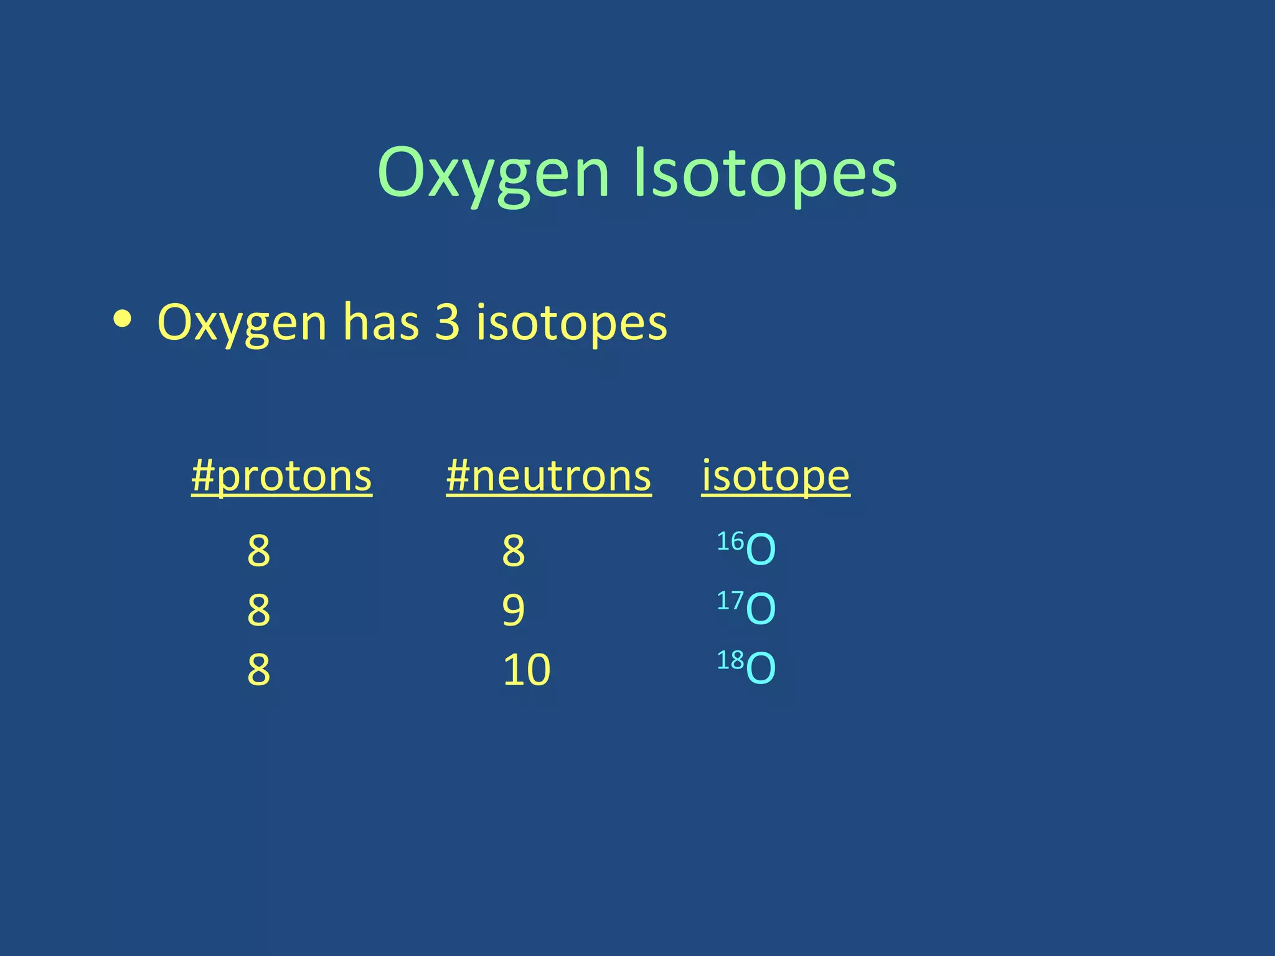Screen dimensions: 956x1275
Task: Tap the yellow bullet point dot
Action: pyautogui.click(x=123, y=319)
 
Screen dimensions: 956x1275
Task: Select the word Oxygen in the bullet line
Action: pyautogui.click(x=242, y=322)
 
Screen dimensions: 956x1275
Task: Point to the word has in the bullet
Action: pyautogui.click(x=381, y=322)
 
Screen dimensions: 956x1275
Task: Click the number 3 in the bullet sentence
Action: pyautogui.click(x=447, y=322)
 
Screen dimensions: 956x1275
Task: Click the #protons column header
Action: pyautogui.click(x=281, y=476)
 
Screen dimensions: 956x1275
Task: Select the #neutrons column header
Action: pyautogui.click(x=548, y=476)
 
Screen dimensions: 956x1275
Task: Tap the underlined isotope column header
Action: pyautogui.click(x=776, y=476)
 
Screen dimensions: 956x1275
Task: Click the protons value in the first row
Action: pyautogui.click(x=259, y=550)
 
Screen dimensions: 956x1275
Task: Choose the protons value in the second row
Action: pyautogui.click(x=259, y=610)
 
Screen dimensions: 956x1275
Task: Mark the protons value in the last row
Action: pyautogui.click(x=259, y=670)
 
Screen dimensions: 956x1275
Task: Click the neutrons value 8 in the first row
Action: pyautogui.click(x=514, y=550)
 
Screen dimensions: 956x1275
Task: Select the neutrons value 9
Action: pyautogui.click(x=514, y=610)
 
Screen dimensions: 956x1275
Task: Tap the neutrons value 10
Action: pyautogui.click(x=527, y=670)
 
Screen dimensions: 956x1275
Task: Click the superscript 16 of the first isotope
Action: pyautogui.click(x=730, y=541)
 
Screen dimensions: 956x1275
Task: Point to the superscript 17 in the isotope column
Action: pyautogui.click(x=730, y=601)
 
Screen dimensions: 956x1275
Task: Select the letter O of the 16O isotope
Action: pyautogui.click(x=761, y=550)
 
